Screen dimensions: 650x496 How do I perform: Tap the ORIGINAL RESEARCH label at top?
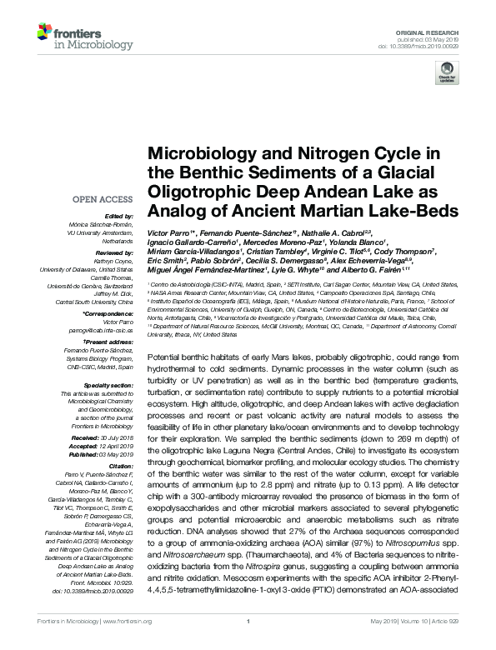point(437,31)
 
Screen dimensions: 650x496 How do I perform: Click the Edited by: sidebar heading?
point(115,216)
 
